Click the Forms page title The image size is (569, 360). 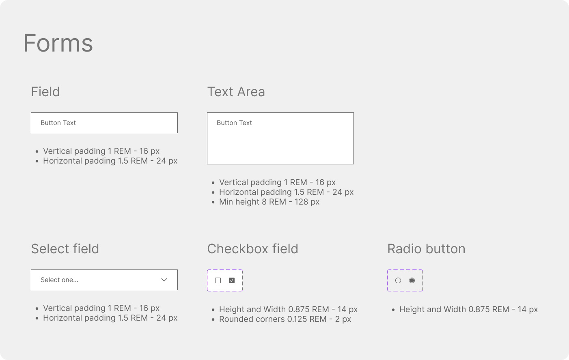(58, 43)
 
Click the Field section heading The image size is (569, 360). (45, 92)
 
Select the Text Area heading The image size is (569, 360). (236, 92)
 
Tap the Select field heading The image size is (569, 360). (65, 249)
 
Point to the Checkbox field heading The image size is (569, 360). (252, 249)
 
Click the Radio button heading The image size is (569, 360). (426, 249)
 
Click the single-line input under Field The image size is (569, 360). (104, 123)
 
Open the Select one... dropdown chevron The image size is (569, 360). (164, 280)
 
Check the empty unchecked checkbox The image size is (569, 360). (218, 280)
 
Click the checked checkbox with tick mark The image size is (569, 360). (232, 280)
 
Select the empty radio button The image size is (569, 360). (398, 280)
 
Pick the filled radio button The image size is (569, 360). (412, 280)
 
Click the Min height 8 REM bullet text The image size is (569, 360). (269, 202)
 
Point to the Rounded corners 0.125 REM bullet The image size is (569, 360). (285, 319)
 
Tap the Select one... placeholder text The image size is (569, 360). (59, 280)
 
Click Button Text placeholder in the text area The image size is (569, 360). (234, 123)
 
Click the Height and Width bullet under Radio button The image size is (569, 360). (468, 309)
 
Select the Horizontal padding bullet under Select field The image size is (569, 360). (110, 318)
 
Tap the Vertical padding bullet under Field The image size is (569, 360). (101, 151)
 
